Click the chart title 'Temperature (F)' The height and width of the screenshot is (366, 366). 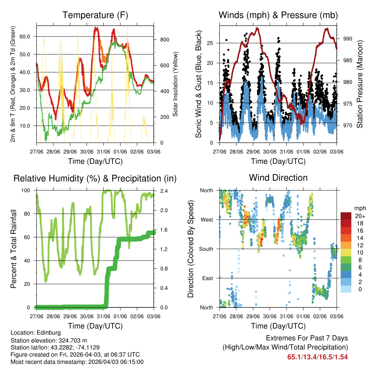point(95,15)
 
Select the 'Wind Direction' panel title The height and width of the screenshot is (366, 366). point(278,178)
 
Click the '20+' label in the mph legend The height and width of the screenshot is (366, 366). point(360,216)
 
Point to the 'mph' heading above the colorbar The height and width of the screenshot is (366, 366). point(359,208)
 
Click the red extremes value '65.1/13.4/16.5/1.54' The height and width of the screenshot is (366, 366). point(317,357)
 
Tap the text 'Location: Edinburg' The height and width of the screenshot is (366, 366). point(36,333)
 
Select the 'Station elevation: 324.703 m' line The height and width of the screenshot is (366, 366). point(49,340)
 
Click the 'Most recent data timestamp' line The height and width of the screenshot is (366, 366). point(77,362)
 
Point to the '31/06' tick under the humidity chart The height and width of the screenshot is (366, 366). point(104,317)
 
